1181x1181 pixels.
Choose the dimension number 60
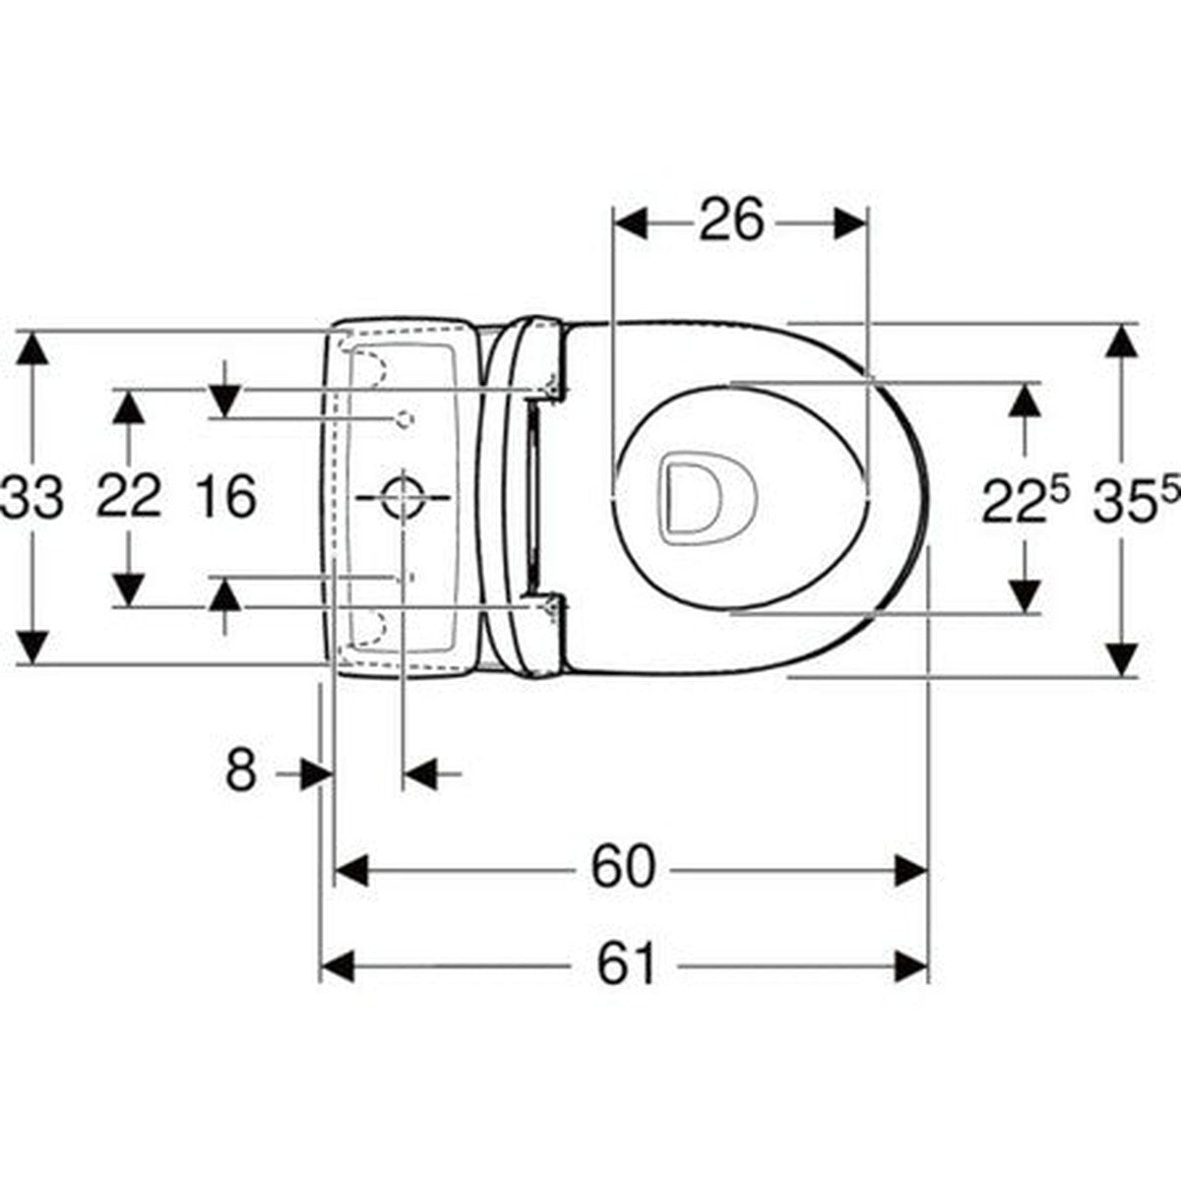pos(623,868)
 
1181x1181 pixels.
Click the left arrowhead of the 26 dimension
pos(631,222)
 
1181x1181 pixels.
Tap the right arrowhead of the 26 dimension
pos(850,222)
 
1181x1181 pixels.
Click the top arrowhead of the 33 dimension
pos(33,346)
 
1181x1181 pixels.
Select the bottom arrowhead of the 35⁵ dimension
pos(1121,660)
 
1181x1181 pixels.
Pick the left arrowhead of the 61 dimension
pos(338,966)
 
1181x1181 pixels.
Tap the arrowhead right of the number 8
pos(421,774)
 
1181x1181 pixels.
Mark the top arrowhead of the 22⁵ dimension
pos(1026,400)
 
